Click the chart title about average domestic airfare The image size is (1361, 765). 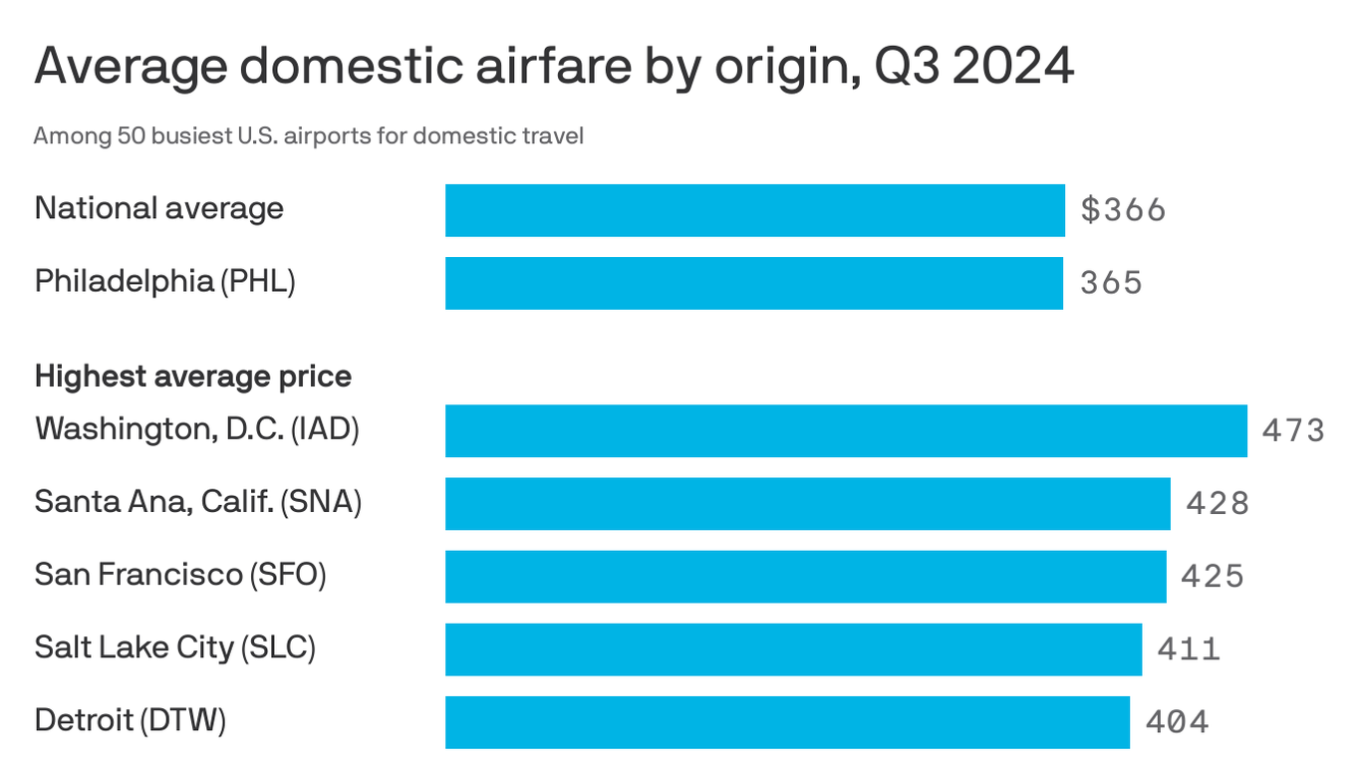[x=554, y=68]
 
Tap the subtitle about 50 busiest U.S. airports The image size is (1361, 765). [x=308, y=135]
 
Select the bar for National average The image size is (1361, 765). [x=754, y=210]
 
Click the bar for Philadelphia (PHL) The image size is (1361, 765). [x=753, y=283]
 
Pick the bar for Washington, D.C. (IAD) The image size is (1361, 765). [x=846, y=430]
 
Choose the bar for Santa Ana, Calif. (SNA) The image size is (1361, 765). [x=807, y=503]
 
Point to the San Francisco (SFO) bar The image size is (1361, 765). [x=805, y=576]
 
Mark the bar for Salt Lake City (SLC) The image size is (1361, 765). [x=793, y=648]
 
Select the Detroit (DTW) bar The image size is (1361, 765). [x=787, y=721]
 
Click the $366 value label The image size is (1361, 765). [x=1123, y=210]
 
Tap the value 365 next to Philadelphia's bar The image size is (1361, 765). [x=1111, y=283]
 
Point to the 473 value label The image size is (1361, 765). [x=1293, y=430]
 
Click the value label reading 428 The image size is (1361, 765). [x=1217, y=503]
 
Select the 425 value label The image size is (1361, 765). [x=1213, y=576]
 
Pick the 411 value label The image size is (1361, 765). [x=1189, y=649]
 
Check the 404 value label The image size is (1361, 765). [x=1177, y=721]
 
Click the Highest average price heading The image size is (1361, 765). [x=192, y=377]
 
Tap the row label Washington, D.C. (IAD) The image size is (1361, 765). [x=196, y=429]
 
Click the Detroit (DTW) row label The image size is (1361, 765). [x=131, y=719]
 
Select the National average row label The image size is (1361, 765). [x=159, y=208]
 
